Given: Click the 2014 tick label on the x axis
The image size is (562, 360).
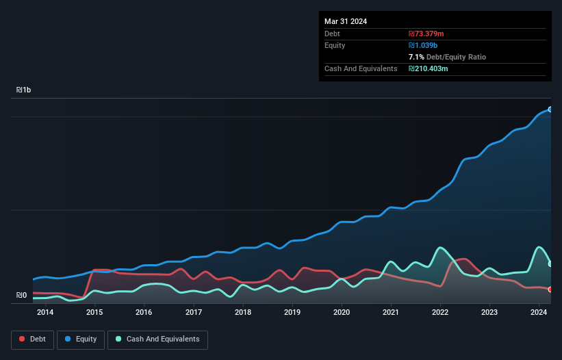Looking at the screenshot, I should pos(45,313).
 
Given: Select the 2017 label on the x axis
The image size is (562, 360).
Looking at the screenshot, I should pos(194,313).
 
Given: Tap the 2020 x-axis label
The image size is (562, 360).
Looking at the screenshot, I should pos(342,313).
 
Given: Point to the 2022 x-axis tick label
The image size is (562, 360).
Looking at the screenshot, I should pos(440,313).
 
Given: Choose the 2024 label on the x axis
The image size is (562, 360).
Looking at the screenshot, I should pos(539,313).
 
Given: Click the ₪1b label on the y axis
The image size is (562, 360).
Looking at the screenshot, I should pos(24,90).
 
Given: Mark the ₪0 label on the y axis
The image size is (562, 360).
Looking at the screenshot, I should pos(21,296).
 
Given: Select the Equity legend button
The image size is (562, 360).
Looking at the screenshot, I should pos(81,339).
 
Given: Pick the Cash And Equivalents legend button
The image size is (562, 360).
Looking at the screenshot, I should pos(157,339).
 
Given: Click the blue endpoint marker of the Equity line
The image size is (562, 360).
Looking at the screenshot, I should pos(550,110).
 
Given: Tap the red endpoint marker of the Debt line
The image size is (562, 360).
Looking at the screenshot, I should pos(550,290).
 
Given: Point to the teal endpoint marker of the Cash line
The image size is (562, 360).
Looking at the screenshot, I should pos(550,263).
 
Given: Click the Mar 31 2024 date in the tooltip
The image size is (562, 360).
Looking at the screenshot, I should pos(346,21).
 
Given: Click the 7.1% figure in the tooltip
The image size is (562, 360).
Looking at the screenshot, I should pos(417,57).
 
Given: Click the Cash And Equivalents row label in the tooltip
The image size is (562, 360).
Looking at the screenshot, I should pos(361,68).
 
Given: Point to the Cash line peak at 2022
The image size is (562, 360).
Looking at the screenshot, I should pos(440,248).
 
